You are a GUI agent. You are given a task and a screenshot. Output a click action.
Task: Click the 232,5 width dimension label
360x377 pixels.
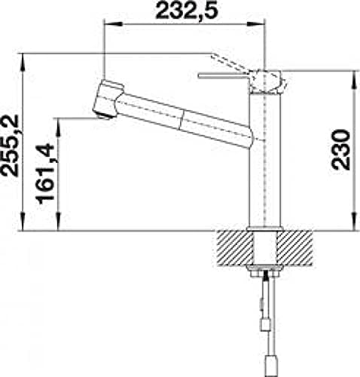tap(187, 11)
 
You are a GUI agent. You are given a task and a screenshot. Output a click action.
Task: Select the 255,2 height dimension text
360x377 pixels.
tap(11, 146)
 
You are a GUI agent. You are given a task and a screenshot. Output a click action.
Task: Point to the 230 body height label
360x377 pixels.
tap(340, 150)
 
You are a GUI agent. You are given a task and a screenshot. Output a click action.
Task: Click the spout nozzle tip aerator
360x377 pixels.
tap(105, 116)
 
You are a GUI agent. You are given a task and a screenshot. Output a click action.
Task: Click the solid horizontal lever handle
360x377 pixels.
tap(224, 76)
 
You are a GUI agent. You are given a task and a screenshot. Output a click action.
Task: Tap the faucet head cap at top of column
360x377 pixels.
tap(267, 82)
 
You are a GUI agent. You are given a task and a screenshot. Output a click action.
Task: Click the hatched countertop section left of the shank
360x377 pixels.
tap(235, 248)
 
